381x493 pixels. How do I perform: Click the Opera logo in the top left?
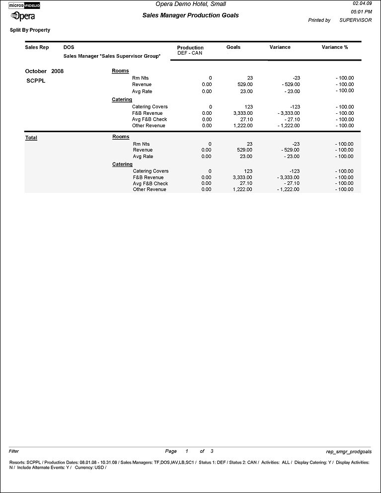tap(23, 16)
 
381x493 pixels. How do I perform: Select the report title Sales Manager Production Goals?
tap(190, 15)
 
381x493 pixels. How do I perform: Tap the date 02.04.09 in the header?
tap(362, 3)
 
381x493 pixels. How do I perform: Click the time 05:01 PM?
tap(361, 11)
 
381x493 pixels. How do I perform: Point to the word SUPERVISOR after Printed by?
tap(355, 20)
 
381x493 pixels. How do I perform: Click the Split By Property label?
tap(30, 30)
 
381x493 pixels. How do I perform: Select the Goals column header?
tap(233, 47)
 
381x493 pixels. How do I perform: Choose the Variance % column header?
tap(335, 47)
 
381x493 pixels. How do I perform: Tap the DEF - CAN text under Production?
tap(190, 53)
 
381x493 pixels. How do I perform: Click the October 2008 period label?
tap(44, 71)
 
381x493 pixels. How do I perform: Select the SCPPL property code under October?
tap(36, 80)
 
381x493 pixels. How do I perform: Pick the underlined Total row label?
tap(31, 138)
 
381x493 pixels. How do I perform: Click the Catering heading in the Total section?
tap(122, 164)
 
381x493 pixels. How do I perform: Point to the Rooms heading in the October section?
tap(120, 71)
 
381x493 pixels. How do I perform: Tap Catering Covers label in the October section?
tap(150, 107)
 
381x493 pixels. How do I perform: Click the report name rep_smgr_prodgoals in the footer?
tap(348, 452)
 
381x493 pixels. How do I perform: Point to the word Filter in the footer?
tap(14, 451)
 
